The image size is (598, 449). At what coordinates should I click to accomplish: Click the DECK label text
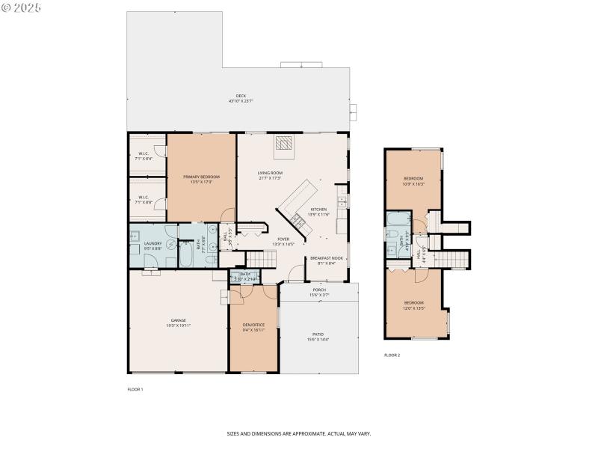241,96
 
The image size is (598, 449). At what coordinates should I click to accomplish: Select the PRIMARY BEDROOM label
201,177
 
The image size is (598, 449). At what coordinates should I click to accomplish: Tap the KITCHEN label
318,210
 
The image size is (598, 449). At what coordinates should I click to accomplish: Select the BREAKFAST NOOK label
323,258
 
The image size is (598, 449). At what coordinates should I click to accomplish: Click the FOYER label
283,239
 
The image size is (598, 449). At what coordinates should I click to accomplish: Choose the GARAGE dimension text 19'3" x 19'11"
177,326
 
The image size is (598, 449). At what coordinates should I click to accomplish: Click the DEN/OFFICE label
254,324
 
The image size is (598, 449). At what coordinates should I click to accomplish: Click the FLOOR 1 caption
135,390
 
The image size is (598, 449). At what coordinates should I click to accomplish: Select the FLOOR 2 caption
392,355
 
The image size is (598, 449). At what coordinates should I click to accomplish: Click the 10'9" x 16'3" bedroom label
414,181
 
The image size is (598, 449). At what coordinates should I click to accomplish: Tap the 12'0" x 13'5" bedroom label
413,305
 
